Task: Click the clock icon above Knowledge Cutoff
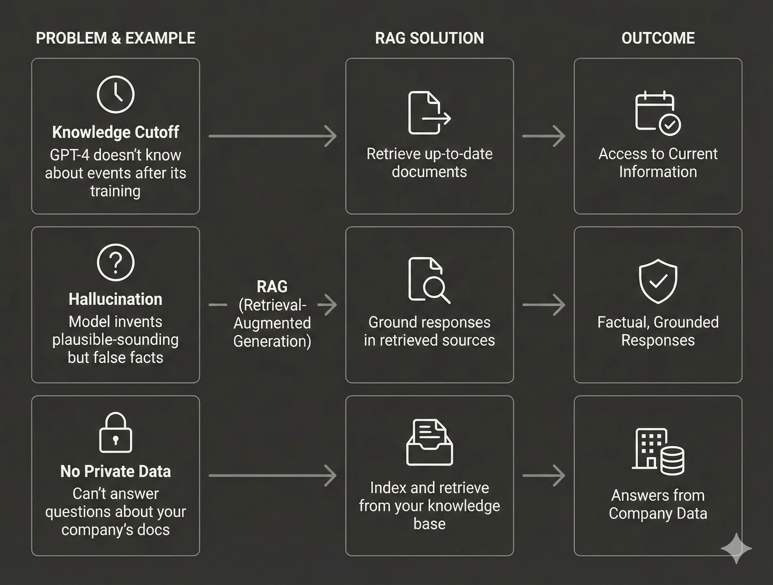pos(115,94)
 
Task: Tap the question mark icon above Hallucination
pos(115,262)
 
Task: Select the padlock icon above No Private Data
pos(115,433)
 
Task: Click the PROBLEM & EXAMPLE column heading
pos(115,38)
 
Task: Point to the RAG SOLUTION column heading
pos(429,38)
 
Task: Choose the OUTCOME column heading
pos(658,38)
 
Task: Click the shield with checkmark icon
pos(658,281)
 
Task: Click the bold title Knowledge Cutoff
pos(115,132)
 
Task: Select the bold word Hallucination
pos(115,299)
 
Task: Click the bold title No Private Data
pos(115,471)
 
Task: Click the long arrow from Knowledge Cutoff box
pos(273,136)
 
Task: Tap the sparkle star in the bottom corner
pos(736,548)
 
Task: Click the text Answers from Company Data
pos(658,504)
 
